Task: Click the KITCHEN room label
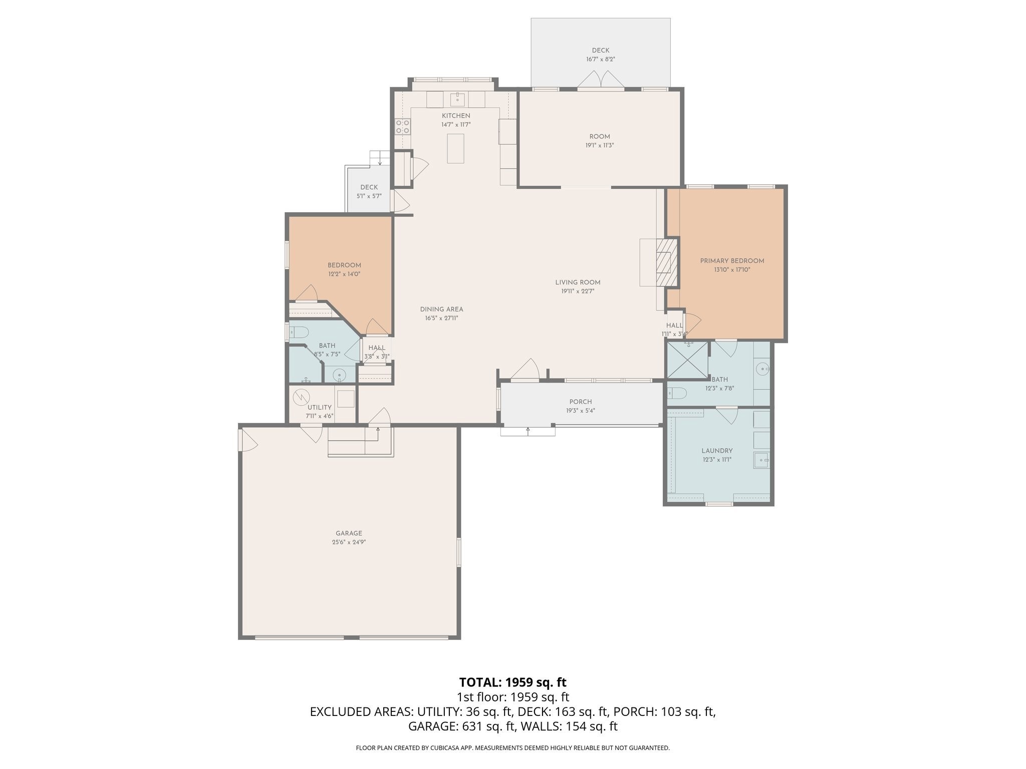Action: click(x=456, y=116)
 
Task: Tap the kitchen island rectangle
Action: click(x=455, y=148)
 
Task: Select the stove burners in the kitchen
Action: click(x=403, y=126)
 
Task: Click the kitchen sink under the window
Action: click(x=457, y=99)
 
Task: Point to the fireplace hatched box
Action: click(x=664, y=262)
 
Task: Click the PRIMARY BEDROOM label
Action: click(x=732, y=261)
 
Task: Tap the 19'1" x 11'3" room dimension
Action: click(x=600, y=146)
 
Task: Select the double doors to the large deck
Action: click(x=601, y=80)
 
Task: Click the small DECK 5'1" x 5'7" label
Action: click(x=369, y=192)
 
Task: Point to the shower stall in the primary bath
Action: click(x=686, y=360)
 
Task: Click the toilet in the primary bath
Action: click(x=676, y=393)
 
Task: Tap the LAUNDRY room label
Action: click(x=717, y=451)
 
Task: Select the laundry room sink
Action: click(x=761, y=459)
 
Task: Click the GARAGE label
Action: click(x=349, y=533)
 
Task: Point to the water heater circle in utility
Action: click(x=302, y=397)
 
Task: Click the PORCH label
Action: click(x=581, y=402)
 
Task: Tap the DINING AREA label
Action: click(x=441, y=309)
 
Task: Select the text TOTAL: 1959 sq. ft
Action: click(x=512, y=682)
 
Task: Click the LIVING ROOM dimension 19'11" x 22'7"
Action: click(x=578, y=291)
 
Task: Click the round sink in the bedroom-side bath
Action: click(x=339, y=374)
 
